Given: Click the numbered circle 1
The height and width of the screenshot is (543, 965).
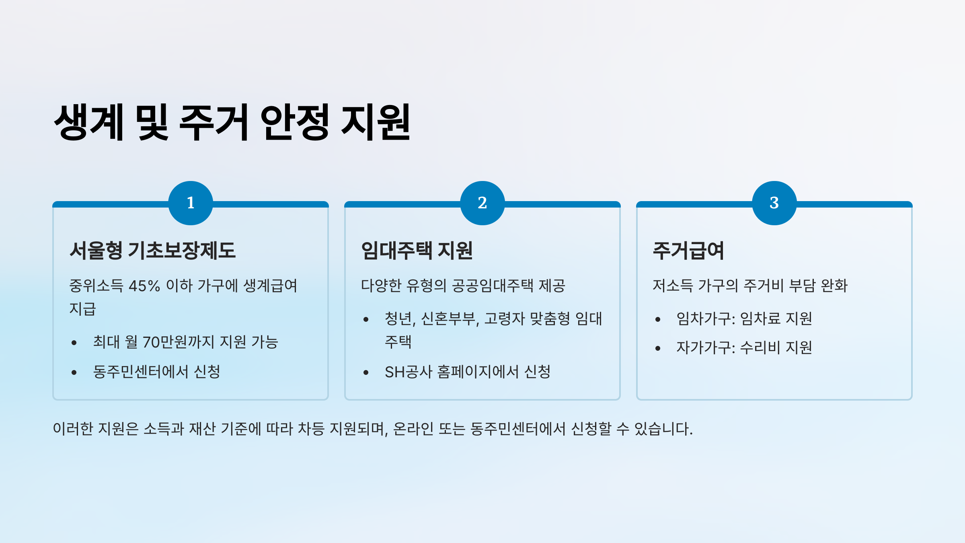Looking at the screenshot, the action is point(191,203).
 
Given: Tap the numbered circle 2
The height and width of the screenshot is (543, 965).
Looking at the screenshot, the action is point(482,203).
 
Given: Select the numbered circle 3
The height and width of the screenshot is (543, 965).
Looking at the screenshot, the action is point(774,203).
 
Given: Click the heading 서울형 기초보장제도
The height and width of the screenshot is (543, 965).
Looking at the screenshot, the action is point(152,250).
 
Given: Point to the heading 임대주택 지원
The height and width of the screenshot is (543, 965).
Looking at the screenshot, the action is point(417,250).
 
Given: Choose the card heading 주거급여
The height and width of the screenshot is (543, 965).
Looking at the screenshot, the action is point(688,250).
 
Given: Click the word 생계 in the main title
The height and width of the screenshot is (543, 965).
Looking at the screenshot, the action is point(89,121).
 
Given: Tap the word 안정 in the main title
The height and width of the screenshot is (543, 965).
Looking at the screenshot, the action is point(295,121).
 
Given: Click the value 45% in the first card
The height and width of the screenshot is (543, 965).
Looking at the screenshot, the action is point(144,286).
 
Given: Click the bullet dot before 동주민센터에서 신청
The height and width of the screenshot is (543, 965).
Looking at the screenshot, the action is point(74,372).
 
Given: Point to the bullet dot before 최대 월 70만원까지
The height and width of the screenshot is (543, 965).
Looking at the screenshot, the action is point(74,343).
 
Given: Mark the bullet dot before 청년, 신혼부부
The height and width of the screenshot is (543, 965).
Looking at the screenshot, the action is point(366,319).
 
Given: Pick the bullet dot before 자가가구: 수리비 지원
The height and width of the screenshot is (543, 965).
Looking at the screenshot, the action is point(658,348).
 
